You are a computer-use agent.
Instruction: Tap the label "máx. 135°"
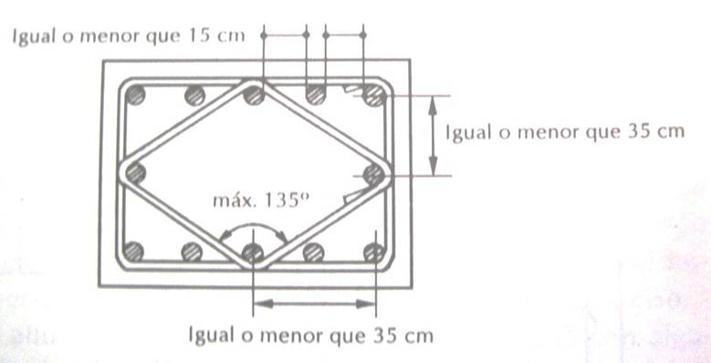click(x=261, y=200)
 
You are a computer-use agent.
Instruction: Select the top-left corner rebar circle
click(x=135, y=96)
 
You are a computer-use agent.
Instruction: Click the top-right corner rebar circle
click(x=374, y=96)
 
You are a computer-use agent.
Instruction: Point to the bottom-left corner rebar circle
click(x=134, y=252)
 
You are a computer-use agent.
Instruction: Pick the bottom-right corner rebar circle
click(x=374, y=253)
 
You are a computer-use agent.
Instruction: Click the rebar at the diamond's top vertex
click(x=254, y=96)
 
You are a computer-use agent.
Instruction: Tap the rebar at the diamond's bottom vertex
click(x=253, y=253)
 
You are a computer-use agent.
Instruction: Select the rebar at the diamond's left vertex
click(x=135, y=173)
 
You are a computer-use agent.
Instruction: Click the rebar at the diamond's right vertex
click(x=373, y=174)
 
